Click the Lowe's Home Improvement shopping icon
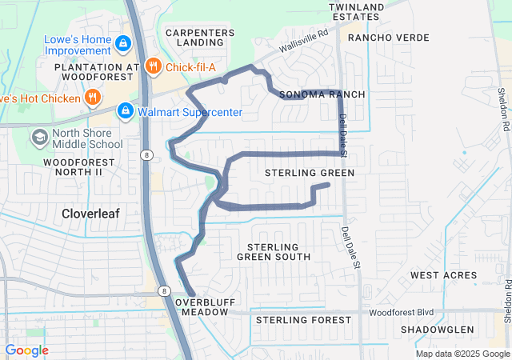(123, 42)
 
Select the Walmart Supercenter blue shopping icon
(125, 112)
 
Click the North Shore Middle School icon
(39, 138)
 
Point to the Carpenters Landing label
(200, 38)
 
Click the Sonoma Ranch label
(322, 94)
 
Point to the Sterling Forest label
(303, 320)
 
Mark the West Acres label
(438, 275)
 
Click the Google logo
(26, 350)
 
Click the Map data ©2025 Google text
(462, 354)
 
